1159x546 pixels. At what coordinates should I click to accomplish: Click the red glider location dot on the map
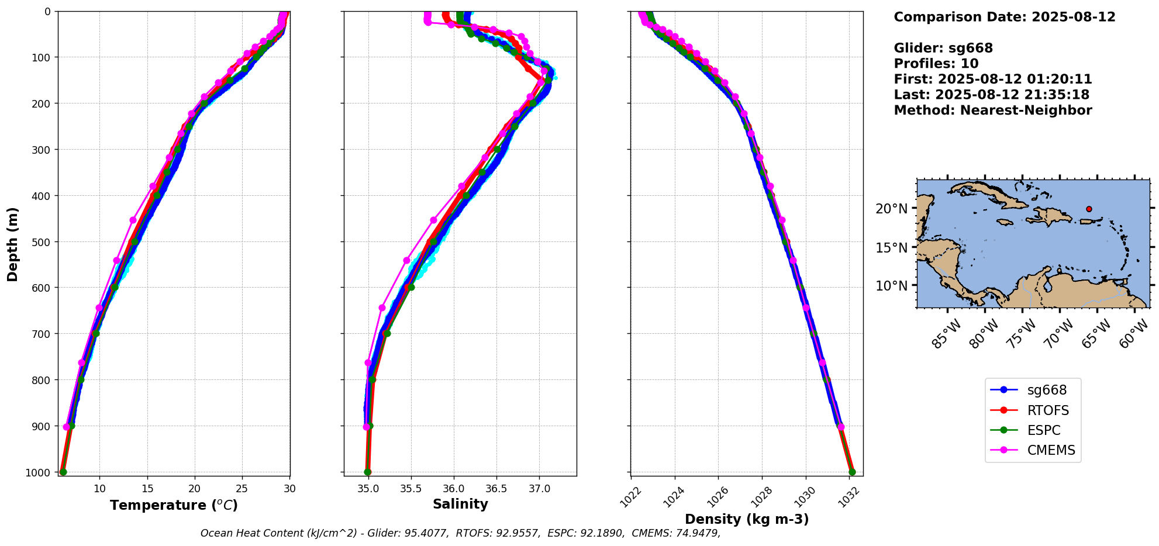click(x=1089, y=209)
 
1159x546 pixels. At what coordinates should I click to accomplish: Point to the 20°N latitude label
click(x=895, y=209)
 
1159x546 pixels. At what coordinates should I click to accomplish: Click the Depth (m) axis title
click(x=12, y=244)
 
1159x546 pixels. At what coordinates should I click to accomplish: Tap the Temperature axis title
click(x=174, y=505)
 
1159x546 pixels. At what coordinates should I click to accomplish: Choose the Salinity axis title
click(x=460, y=504)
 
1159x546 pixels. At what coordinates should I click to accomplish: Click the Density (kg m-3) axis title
click(x=747, y=519)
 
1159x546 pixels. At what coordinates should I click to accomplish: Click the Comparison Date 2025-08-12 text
click(x=1005, y=17)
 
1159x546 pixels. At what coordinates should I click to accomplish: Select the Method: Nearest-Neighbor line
click(x=993, y=110)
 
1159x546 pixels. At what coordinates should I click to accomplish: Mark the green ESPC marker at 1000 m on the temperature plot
click(x=63, y=472)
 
